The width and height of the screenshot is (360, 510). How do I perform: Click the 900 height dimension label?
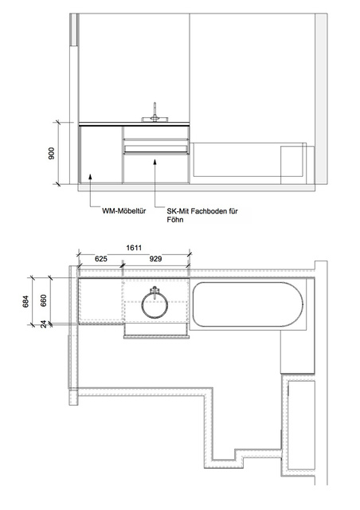52,153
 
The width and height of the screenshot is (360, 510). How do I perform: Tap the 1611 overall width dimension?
134,248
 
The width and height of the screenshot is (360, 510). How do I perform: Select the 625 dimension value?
101,259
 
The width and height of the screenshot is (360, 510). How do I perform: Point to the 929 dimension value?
155,259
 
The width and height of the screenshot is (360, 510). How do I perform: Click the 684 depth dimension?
26,301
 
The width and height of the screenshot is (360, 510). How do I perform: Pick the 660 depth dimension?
44,300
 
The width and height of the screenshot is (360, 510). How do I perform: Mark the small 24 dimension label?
44,324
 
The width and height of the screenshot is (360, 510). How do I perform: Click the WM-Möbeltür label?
124,210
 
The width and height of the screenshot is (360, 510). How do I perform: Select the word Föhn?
175,220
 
